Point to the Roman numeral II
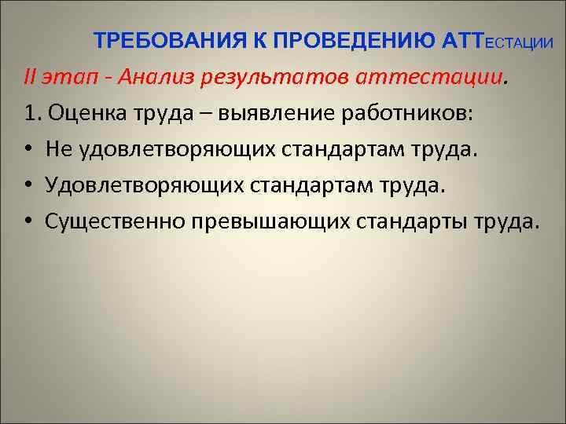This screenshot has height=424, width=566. click(x=31, y=77)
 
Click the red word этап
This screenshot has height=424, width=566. click(x=70, y=77)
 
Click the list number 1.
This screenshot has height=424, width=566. click(x=32, y=113)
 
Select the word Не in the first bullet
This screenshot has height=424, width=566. click(x=57, y=149)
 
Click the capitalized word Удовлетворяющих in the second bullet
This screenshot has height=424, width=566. click(x=145, y=185)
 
